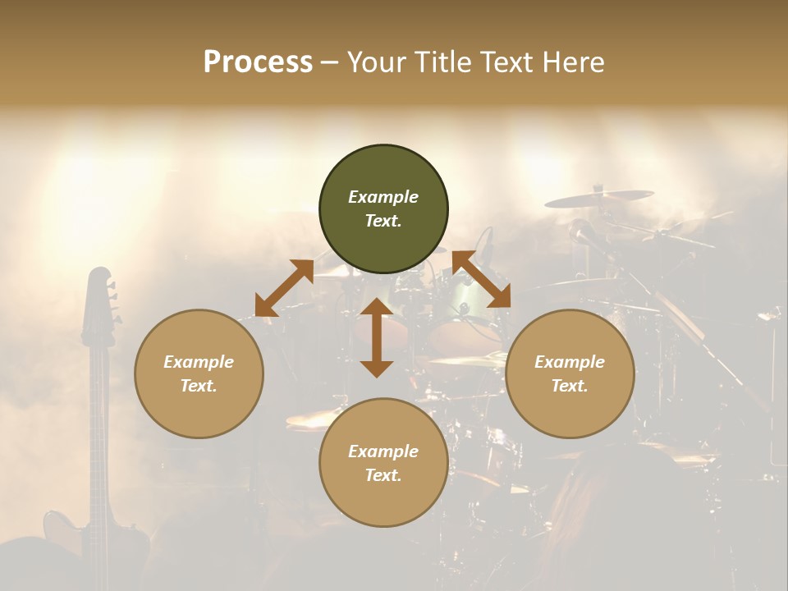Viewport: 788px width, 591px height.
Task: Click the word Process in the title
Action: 258,62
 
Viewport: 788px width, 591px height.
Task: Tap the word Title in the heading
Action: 443,62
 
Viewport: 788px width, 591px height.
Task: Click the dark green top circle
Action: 383,209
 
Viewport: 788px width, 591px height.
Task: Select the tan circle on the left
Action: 199,373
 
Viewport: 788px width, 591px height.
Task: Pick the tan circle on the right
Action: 570,373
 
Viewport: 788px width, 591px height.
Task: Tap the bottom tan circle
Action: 383,463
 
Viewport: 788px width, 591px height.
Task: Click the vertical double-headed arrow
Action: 377,337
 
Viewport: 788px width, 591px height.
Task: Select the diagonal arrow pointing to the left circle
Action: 284,288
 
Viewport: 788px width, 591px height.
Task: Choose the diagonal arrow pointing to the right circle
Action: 481,279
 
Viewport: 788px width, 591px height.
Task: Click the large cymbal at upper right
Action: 599,198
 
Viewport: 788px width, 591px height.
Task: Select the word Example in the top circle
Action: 383,197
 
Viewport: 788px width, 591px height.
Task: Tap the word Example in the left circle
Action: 199,362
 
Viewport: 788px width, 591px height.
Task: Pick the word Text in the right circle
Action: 570,386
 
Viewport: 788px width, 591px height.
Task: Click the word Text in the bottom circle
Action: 383,475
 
